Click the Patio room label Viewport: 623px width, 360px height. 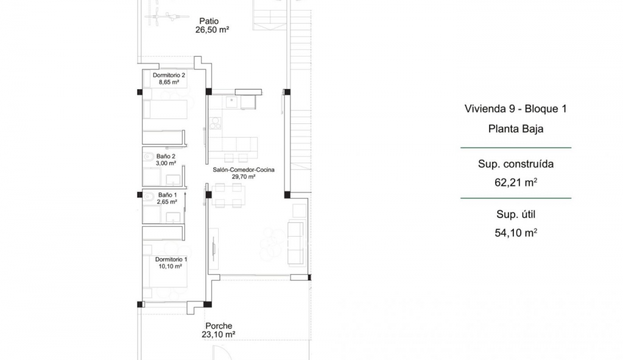[209, 21]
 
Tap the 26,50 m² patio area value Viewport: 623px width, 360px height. [212, 30]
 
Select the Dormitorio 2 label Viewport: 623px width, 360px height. [169, 75]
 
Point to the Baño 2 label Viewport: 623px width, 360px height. [166, 156]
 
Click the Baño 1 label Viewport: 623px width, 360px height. [167, 195]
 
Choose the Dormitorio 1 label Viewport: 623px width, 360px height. [171, 260]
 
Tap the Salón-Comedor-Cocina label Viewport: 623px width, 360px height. [244, 169]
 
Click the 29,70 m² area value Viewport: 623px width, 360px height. [244, 177]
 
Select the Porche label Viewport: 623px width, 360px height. [219, 326]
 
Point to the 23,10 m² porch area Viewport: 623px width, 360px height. [218, 334]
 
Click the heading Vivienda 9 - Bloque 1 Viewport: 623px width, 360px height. [516, 108]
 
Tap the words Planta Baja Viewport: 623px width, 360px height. [516, 129]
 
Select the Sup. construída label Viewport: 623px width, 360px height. [516, 164]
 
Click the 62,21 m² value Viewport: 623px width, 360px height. [516, 182]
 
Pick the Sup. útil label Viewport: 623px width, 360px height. [516, 215]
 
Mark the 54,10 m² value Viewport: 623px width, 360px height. [516, 233]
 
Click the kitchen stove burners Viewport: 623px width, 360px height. [215, 123]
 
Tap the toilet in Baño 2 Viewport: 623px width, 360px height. [148, 156]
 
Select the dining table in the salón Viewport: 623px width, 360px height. [228, 196]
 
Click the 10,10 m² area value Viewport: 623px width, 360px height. [171, 267]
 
